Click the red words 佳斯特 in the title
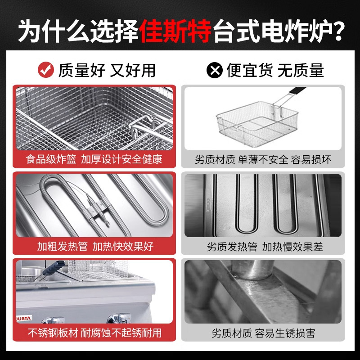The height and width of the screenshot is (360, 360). pyautogui.click(x=175, y=31)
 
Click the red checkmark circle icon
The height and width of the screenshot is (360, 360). pyautogui.click(x=46, y=70)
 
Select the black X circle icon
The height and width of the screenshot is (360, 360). pyautogui.click(x=215, y=70)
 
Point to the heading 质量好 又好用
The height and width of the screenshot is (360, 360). pyautogui.click(x=107, y=70)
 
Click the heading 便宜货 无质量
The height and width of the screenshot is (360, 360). pyautogui.click(x=275, y=70)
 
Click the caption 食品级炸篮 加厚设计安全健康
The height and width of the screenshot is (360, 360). pyautogui.click(x=94, y=159)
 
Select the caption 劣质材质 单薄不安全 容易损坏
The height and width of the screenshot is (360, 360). pyautogui.click(x=263, y=160)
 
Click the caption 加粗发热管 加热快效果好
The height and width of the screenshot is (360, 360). pyautogui.click(x=95, y=246)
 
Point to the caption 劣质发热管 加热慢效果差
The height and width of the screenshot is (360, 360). pyautogui.click(x=265, y=247)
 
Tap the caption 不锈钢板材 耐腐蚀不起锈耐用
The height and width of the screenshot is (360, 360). pyautogui.click(x=94, y=333)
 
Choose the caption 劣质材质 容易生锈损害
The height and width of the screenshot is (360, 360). pyautogui.click(x=263, y=333)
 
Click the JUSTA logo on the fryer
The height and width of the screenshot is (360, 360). pyautogui.click(x=23, y=318)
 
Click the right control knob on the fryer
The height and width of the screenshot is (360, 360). pyautogui.click(x=119, y=318)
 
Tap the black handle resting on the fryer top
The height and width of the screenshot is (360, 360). pyautogui.click(x=54, y=268)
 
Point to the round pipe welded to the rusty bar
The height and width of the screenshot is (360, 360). pyautogui.click(x=252, y=269)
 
